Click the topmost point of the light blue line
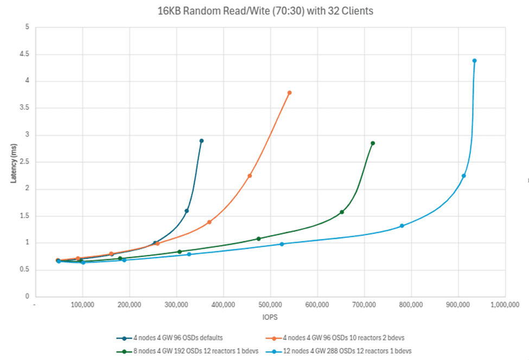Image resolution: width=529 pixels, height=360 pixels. (474, 61)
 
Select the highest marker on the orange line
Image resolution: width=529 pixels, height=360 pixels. (289, 93)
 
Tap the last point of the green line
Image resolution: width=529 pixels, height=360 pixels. (373, 143)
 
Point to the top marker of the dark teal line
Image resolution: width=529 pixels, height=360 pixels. (201, 141)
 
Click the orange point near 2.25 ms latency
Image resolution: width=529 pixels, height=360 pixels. (250, 176)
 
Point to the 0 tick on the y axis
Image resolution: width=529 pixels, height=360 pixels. (27, 297)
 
